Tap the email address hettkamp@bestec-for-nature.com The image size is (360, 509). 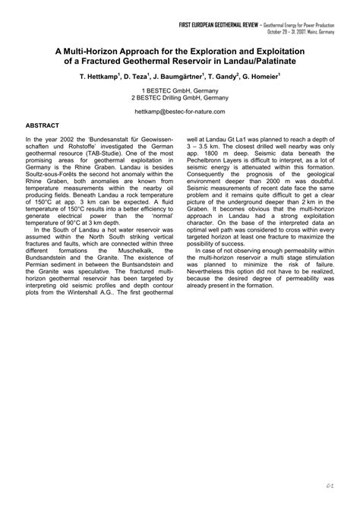pos(180,110)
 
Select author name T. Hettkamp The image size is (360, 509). pos(105,77)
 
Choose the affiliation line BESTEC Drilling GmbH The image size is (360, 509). pos(180,97)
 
